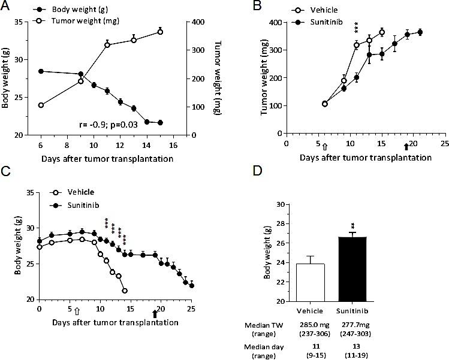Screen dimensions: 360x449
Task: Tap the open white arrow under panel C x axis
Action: [x=77, y=311]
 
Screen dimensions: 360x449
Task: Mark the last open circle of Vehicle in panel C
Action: [x=124, y=291]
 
